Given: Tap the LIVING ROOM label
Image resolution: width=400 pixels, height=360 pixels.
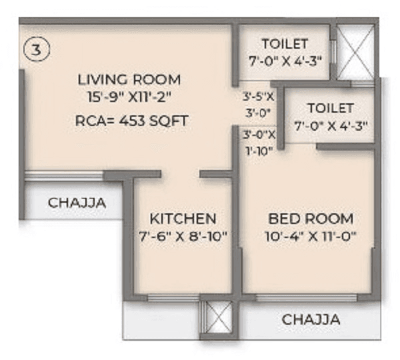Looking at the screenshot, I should point(129,80).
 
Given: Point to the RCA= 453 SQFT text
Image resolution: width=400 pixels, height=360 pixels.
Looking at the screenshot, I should point(131,121).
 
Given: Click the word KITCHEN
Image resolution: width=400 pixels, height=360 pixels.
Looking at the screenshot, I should point(182,219).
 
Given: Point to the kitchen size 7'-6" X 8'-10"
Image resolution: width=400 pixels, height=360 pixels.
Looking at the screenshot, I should point(183,235).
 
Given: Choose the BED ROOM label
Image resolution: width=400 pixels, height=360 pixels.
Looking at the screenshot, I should point(311,219).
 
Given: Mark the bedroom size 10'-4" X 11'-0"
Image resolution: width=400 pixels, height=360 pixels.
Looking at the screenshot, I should point(311,235).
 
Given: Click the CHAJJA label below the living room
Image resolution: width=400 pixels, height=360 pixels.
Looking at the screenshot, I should point(77,203).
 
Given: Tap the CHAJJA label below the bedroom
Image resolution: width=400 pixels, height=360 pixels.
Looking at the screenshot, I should point(311,319).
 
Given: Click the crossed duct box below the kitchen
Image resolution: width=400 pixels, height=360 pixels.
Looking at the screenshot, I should point(217,316).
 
